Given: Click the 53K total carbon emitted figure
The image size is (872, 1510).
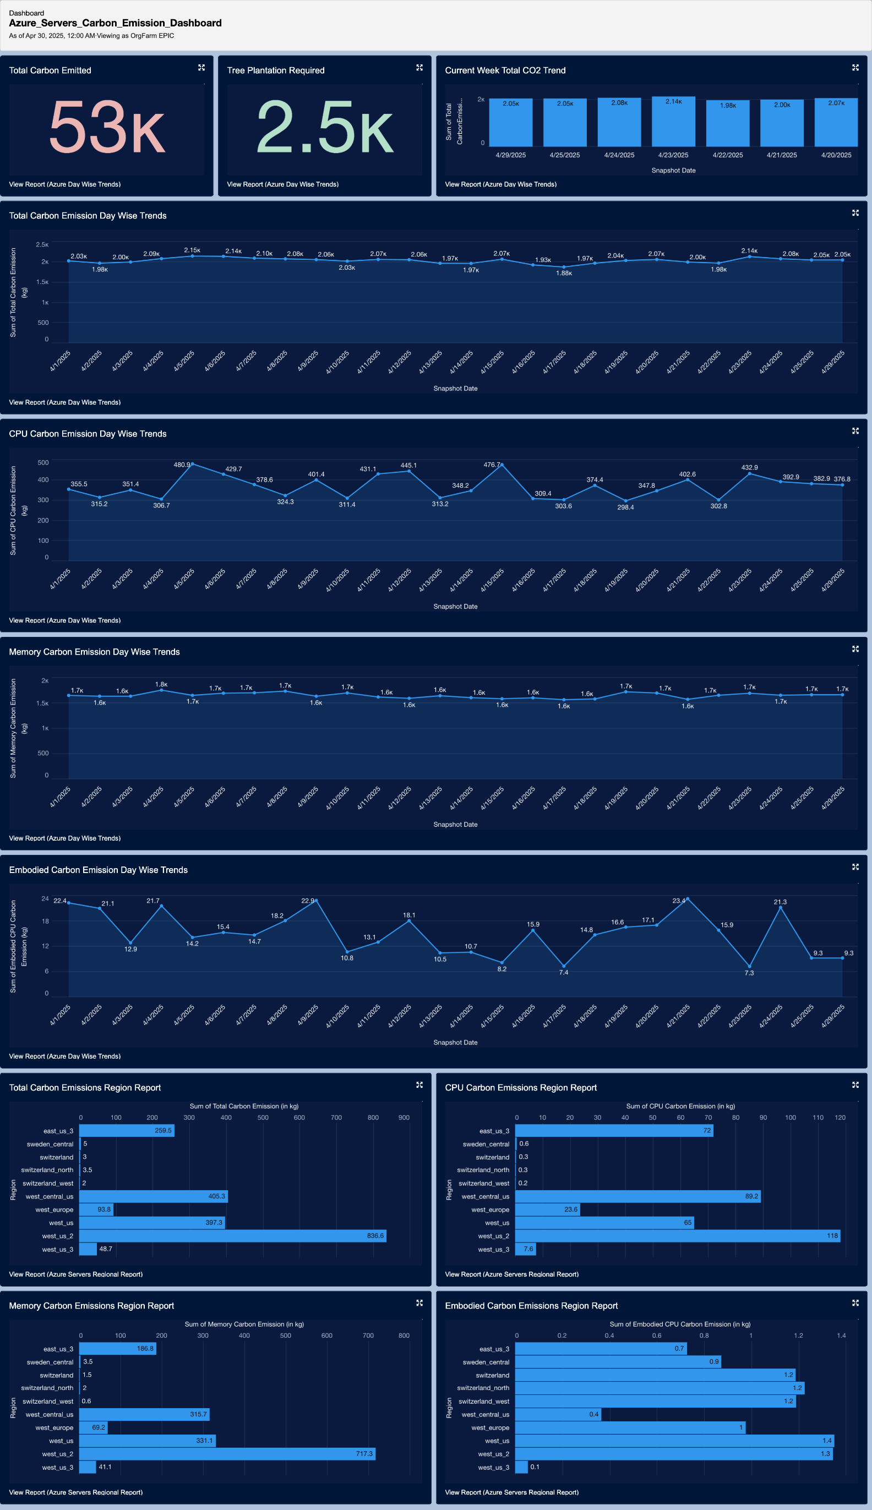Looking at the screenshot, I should click(x=107, y=127).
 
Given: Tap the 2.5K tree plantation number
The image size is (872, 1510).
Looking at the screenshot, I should click(x=325, y=127).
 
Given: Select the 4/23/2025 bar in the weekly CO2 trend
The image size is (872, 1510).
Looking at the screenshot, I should click(x=673, y=122).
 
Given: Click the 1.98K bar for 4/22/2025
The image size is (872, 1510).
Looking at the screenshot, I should click(x=728, y=123).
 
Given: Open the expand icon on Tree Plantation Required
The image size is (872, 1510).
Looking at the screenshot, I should click(x=419, y=68).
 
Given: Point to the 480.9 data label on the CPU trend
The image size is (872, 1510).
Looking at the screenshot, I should click(x=182, y=465).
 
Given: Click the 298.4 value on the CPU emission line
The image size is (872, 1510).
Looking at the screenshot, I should click(x=625, y=507).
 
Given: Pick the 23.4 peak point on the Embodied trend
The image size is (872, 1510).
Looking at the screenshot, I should click(x=687, y=899).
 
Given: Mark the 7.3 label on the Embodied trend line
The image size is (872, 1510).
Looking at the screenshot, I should click(x=749, y=973).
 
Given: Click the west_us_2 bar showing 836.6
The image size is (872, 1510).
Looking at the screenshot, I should click(x=232, y=1236).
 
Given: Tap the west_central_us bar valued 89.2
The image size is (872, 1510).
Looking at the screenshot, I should click(x=637, y=1196).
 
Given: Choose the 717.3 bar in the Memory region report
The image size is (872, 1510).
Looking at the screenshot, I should click(x=227, y=1454).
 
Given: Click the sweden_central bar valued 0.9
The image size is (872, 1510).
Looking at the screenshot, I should click(x=618, y=1361).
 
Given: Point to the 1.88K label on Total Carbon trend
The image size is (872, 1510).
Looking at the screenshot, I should click(x=564, y=273).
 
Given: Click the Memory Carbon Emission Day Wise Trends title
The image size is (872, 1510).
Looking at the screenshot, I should click(x=94, y=652).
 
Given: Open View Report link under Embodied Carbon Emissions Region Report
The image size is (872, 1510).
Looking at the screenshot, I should click(x=511, y=1492).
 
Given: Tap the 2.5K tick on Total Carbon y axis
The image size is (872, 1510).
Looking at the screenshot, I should click(x=42, y=245).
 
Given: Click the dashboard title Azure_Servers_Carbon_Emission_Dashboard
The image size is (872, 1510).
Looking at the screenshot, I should click(x=115, y=23).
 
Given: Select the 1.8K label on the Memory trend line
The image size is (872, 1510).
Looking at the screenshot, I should click(x=161, y=684).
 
